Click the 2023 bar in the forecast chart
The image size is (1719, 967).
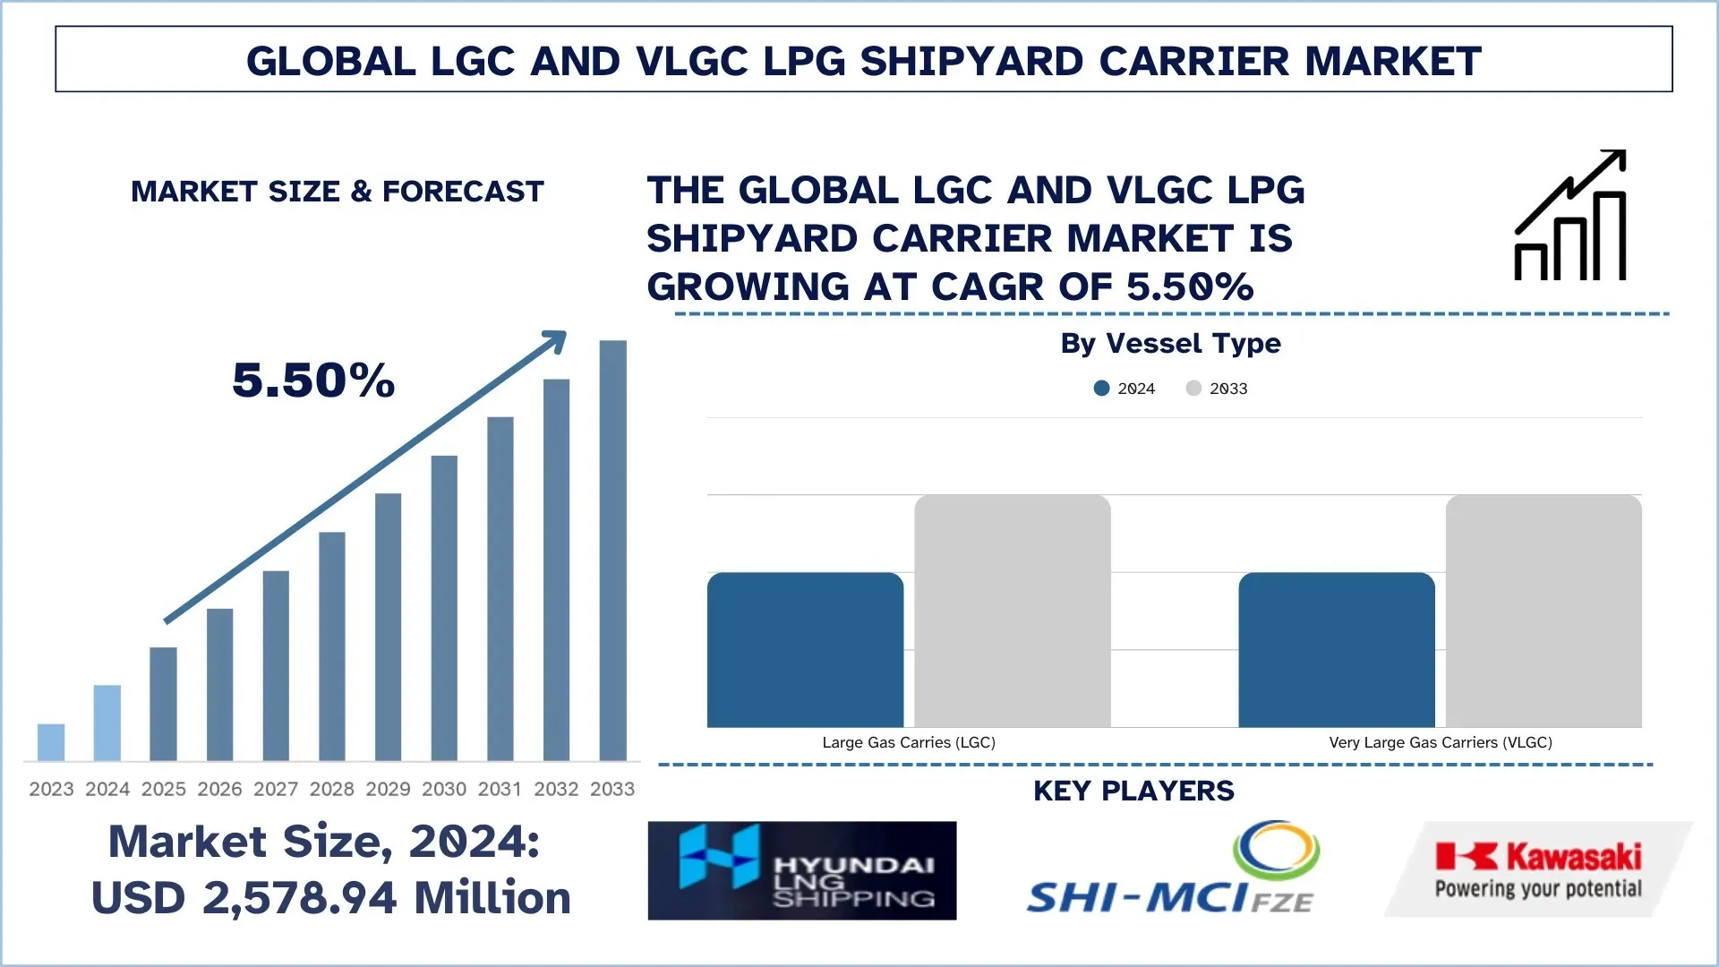point(51,742)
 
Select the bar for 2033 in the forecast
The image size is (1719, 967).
point(612,551)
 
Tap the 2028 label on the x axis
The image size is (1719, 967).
point(332,789)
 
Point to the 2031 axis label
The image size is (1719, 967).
point(500,789)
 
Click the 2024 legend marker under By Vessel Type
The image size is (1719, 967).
point(1102,389)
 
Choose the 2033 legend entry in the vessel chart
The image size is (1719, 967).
point(1217,389)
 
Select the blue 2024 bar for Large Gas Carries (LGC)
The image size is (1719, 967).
point(805,650)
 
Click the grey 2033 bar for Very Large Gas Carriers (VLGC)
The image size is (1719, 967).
point(1544,611)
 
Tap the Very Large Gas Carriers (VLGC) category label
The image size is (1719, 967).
point(1441,742)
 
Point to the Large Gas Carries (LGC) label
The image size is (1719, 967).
point(909,742)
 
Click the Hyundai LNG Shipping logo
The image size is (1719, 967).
point(802,870)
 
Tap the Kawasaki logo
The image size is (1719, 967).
point(1538,869)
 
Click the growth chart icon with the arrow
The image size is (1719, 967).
point(1570,216)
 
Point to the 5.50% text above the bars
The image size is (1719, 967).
point(313,380)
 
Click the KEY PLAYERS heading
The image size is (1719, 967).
point(1133,791)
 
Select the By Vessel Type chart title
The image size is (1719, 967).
point(1170,343)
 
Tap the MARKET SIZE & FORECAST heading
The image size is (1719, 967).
point(338,192)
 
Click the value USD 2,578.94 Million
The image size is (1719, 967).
point(331,897)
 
